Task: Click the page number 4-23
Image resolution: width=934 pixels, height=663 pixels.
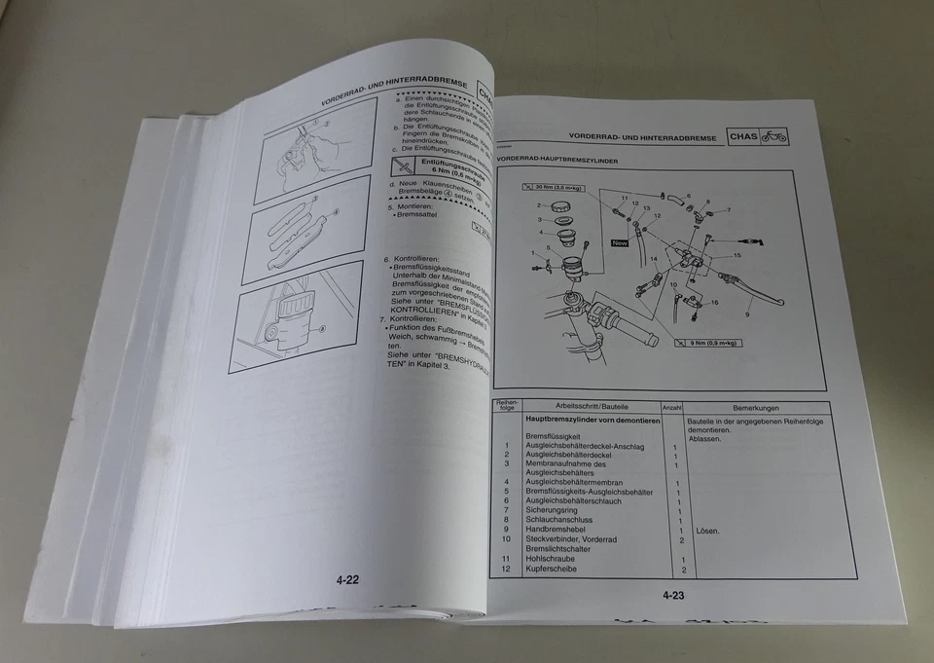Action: pos(674,595)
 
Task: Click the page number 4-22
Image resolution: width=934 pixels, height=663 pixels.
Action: pos(348,580)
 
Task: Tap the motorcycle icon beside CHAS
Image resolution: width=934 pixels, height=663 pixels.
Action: pos(774,136)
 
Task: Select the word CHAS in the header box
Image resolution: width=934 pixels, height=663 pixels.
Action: pos(743,137)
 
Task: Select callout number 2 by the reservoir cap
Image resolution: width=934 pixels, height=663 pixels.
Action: pos(538,205)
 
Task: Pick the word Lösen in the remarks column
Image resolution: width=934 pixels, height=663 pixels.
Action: pos(707,531)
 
